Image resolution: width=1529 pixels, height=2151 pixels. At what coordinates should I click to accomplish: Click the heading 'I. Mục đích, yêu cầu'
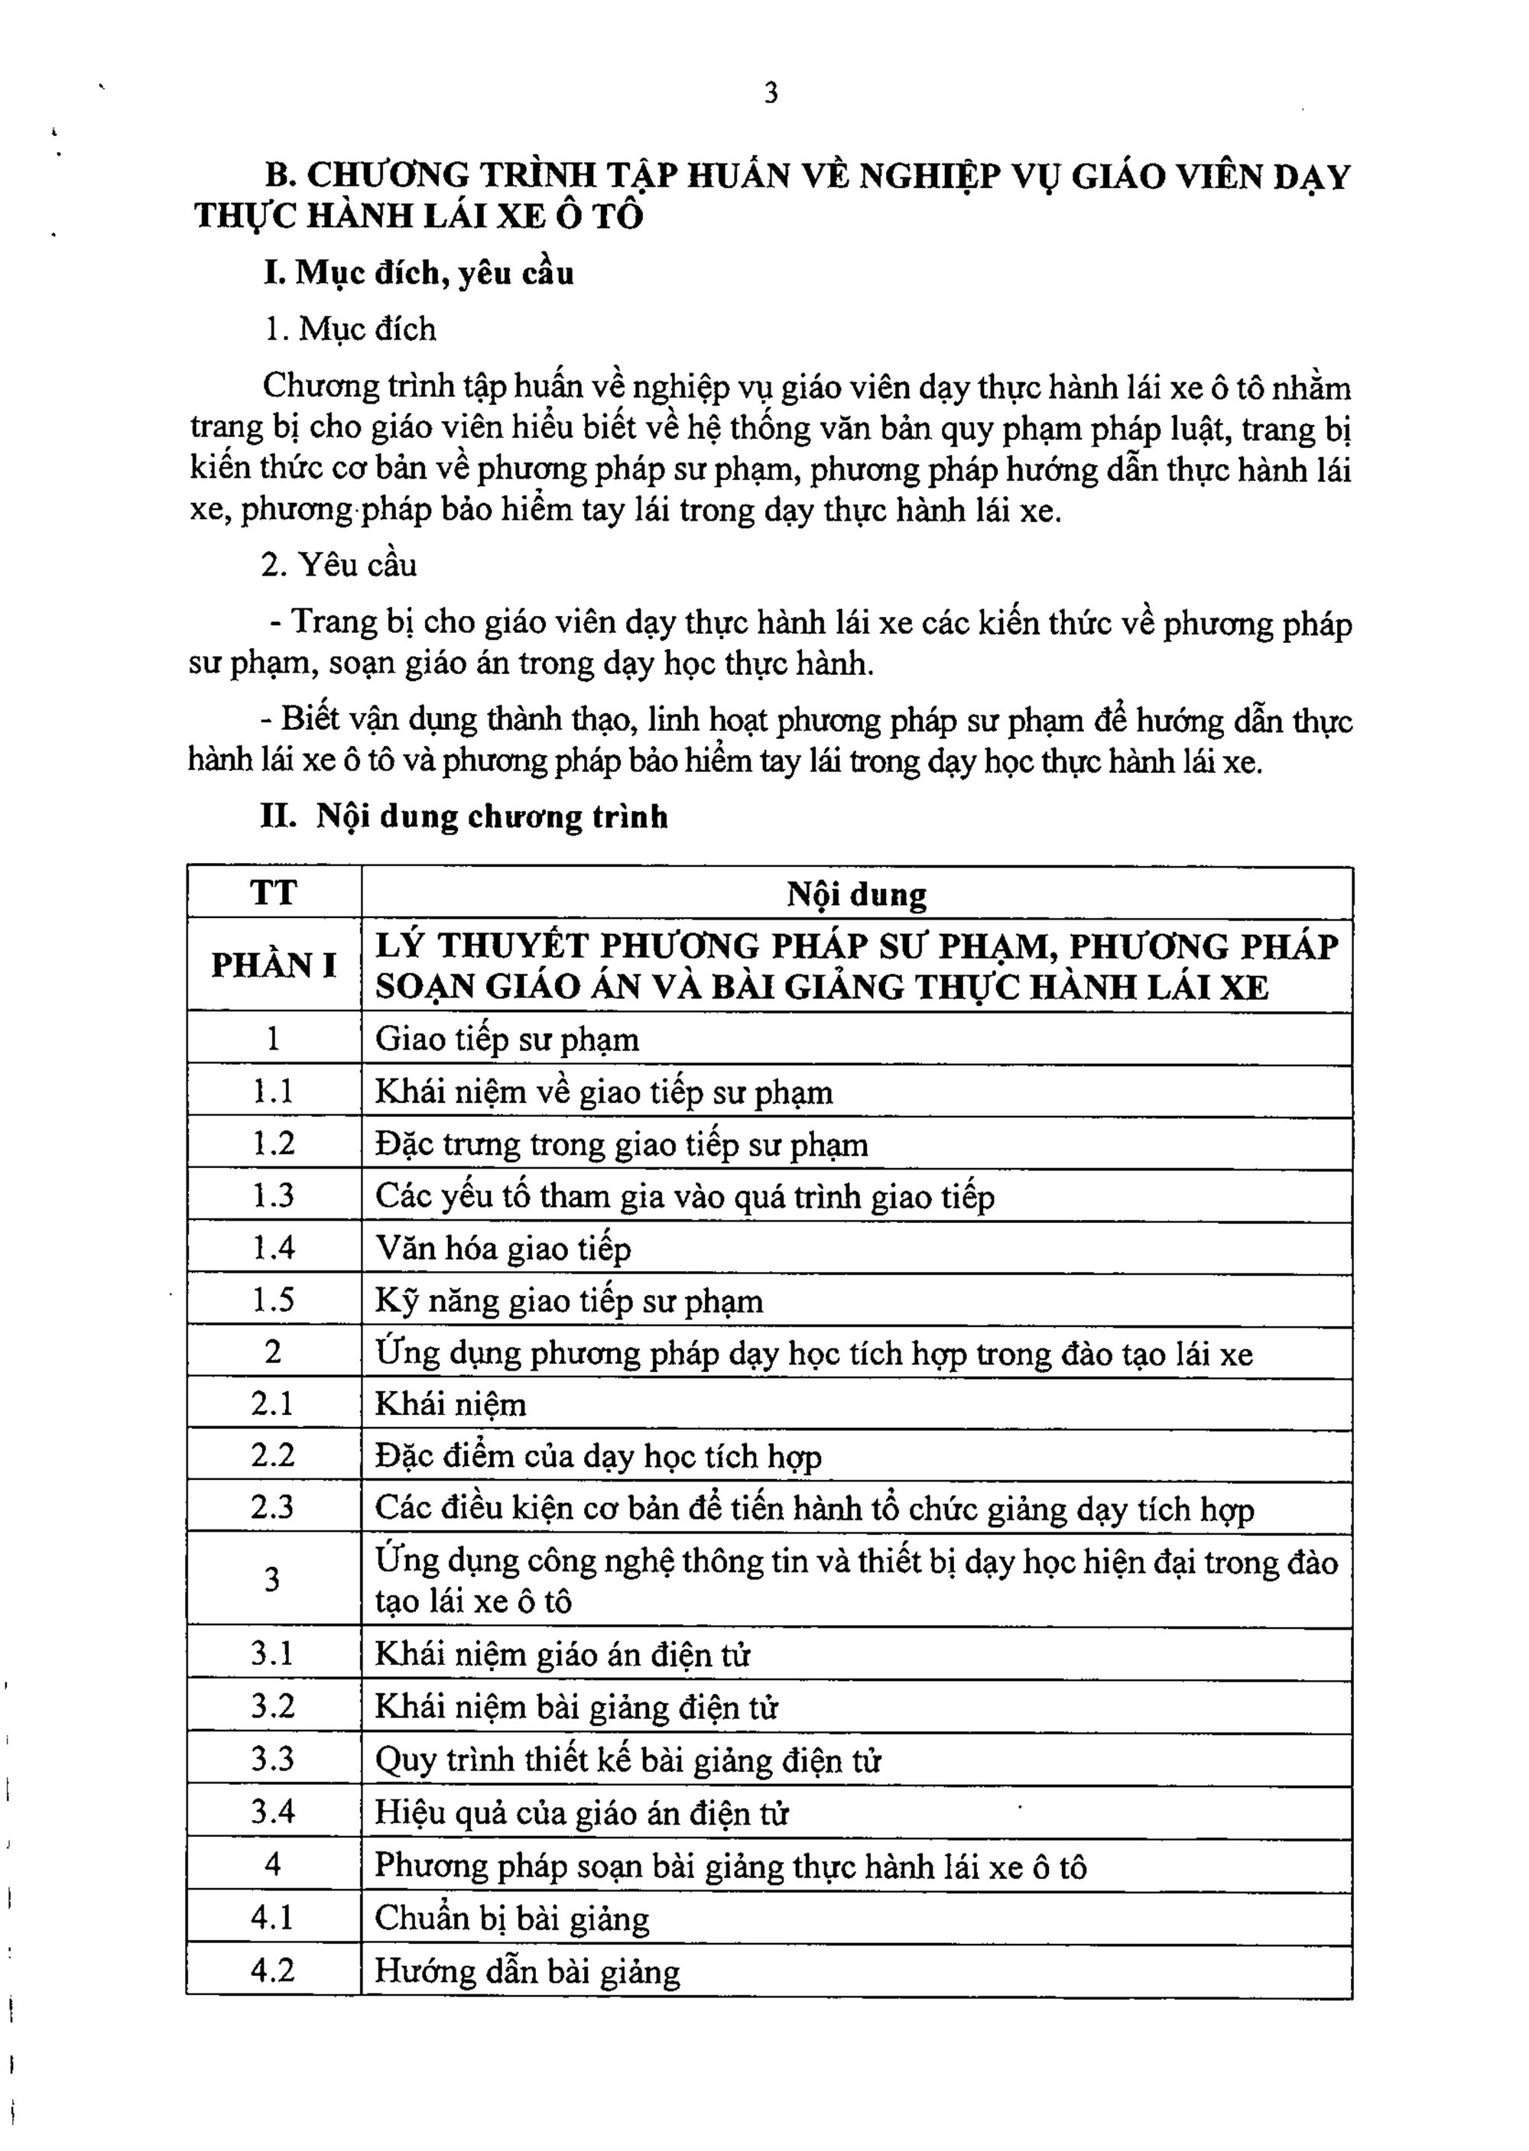(419, 273)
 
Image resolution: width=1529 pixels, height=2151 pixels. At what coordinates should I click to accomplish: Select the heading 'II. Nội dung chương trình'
(464, 816)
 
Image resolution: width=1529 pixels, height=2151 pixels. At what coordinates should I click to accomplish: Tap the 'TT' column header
(273, 892)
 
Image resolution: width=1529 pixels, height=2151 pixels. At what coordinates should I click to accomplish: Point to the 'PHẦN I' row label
(273, 965)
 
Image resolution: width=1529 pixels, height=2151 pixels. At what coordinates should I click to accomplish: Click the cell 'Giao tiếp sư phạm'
(507, 1040)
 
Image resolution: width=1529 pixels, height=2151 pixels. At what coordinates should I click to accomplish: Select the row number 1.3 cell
(273, 1196)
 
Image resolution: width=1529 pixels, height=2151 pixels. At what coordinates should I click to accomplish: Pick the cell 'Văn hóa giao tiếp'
(503, 1249)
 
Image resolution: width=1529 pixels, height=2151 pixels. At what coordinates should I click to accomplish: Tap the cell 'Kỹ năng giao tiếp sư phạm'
(569, 1301)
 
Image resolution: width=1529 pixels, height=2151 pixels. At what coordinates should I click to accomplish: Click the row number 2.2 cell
(273, 1455)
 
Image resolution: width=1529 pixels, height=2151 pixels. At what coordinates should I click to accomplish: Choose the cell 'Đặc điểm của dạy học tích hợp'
(598, 1457)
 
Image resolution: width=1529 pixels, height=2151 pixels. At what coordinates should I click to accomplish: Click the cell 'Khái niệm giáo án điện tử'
(562, 1655)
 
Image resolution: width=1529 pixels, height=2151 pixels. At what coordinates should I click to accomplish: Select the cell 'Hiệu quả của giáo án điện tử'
(581, 1813)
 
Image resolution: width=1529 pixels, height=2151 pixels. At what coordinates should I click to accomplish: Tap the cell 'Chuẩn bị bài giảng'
(512, 1919)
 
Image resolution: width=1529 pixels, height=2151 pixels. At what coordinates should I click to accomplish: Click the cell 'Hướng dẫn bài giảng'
(528, 1971)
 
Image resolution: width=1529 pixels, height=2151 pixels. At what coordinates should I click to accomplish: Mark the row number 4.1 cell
(273, 1918)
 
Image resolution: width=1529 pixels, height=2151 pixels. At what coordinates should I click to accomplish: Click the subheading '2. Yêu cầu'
(339, 565)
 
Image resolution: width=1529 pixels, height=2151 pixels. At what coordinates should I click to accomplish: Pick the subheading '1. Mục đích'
(349, 329)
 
